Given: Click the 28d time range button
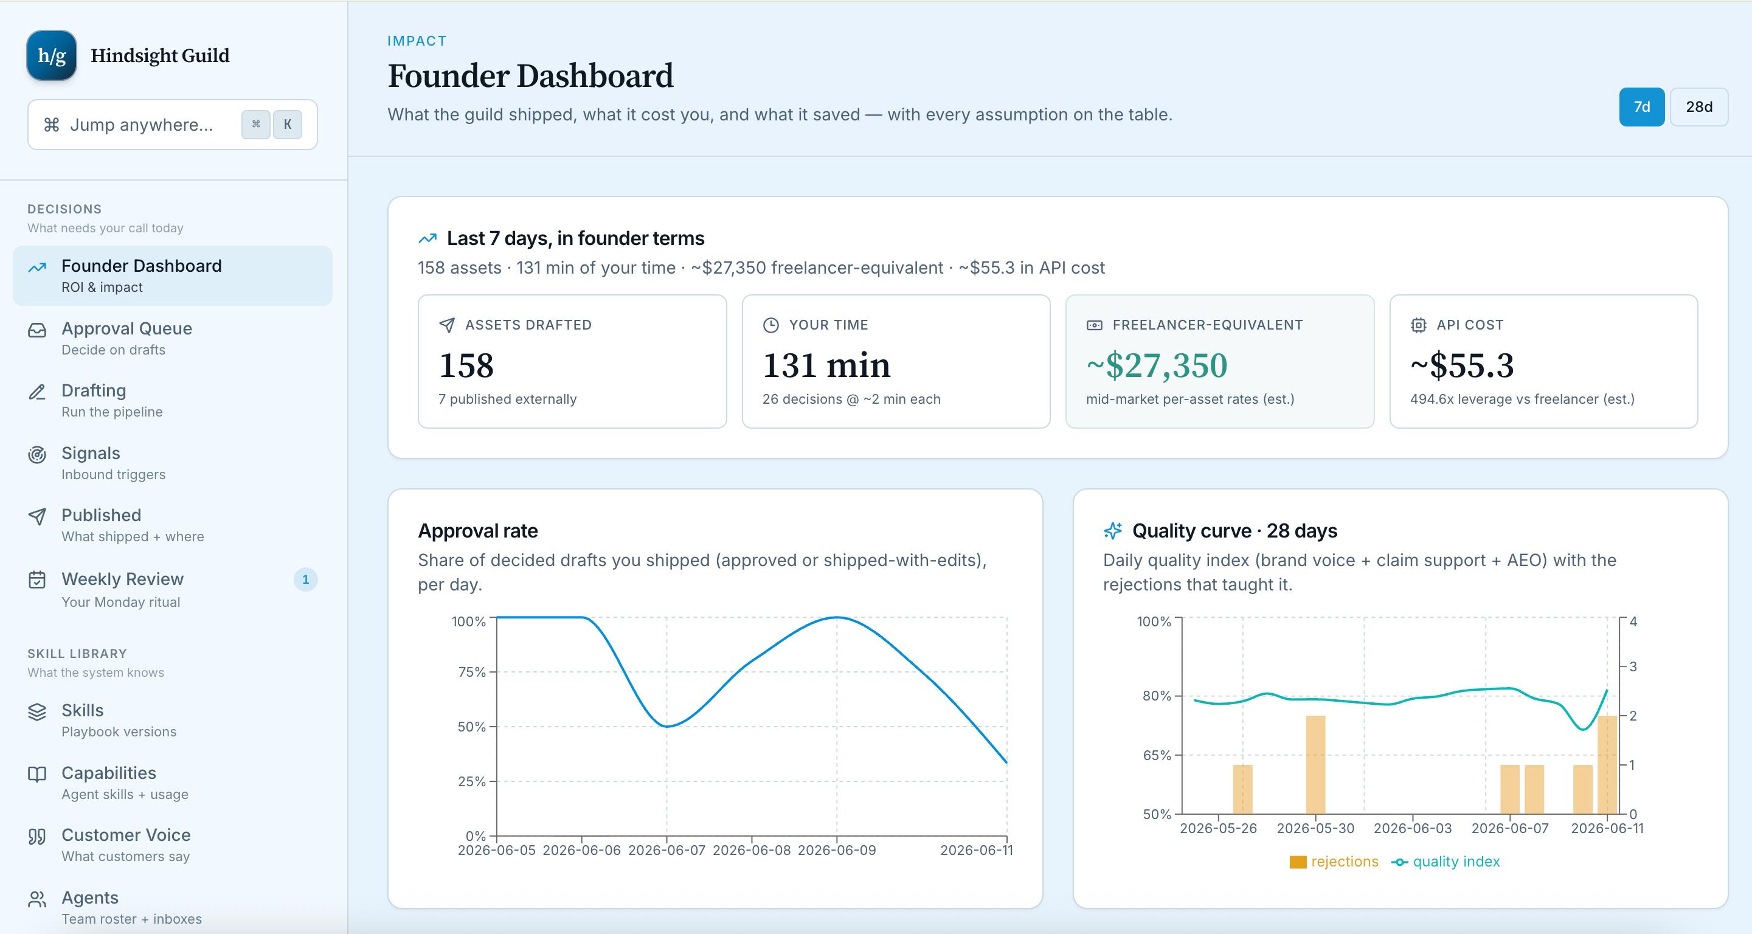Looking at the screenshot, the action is click(x=1698, y=107).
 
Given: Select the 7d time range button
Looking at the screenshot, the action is click(x=1641, y=107).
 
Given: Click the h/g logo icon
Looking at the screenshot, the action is click(x=52, y=55).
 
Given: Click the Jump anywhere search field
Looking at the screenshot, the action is click(x=173, y=125).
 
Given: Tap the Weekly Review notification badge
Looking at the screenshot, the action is click(x=305, y=579).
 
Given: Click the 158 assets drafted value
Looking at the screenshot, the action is click(x=466, y=366).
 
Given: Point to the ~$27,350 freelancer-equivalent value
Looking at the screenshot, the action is click(x=1157, y=366).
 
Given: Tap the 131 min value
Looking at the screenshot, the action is click(x=826, y=366).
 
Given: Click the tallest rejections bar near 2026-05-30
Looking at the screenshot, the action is click(x=1315, y=764).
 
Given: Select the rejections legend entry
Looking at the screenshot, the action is click(x=1334, y=861).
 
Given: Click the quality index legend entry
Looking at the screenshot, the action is click(x=1446, y=861).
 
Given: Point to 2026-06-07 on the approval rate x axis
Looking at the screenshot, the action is click(x=667, y=850).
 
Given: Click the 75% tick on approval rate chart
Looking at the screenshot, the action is click(x=472, y=672).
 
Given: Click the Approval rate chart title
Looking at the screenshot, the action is click(x=478, y=531).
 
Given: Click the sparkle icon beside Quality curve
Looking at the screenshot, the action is click(x=1113, y=531).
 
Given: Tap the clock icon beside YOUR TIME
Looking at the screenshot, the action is click(x=770, y=325).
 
